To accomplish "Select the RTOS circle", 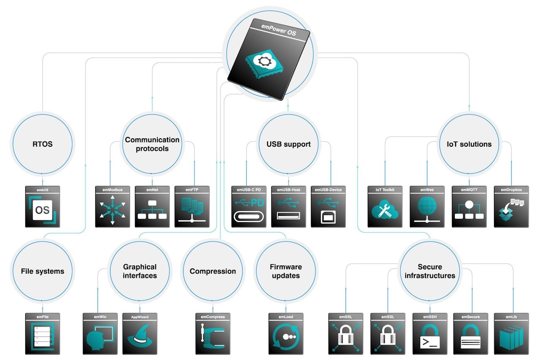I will point(42,144).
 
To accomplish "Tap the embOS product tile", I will point(42,207).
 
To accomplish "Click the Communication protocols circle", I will point(152,144).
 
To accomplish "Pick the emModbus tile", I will point(112,207).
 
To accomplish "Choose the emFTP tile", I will point(192,207).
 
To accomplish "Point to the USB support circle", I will point(288,144).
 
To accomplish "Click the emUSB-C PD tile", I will point(248,207).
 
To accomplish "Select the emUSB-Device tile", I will point(328,207).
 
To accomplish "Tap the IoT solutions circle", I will point(469,144).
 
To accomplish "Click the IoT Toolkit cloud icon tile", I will point(385,207).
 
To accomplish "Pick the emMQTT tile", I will point(469,207).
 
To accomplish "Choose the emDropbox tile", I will point(511,207).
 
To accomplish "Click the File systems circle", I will point(42,271).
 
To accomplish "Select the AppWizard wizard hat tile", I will point(140,333).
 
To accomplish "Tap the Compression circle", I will point(213,271).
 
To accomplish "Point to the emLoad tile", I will point(286,333).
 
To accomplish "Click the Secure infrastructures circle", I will point(430,271).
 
